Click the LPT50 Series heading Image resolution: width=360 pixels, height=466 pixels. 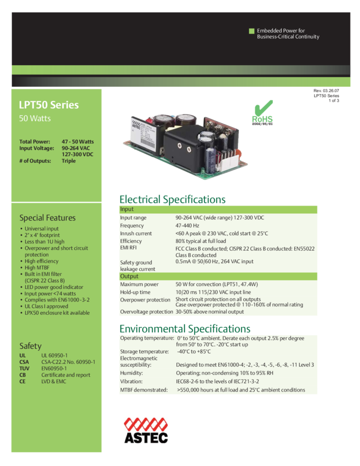tap(49, 105)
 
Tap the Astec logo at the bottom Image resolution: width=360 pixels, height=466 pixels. tap(145, 430)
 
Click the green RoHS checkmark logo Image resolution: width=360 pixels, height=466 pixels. tap(262, 113)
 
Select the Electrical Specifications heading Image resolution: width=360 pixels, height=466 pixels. tap(172, 199)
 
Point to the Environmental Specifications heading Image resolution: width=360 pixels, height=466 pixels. tap(185, 329)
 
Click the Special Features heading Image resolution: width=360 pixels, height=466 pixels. tap(48, 218)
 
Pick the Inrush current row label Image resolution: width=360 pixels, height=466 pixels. tap(136, 234)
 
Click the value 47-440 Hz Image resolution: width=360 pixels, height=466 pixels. tap(187, 225)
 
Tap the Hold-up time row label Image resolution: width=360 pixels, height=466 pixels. tap(135, 292)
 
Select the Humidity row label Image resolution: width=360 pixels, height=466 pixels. tap(131, 372)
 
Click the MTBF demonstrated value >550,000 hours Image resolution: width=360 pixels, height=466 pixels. tap(241, 390)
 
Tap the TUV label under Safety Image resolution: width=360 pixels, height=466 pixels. tap(24, 368)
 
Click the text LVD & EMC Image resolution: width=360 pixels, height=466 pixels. tap(54, 382)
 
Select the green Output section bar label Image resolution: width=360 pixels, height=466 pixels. tap(129, 276)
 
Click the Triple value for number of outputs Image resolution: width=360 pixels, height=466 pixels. tap(69, 161)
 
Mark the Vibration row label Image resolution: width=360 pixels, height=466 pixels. tap(131, 381)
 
